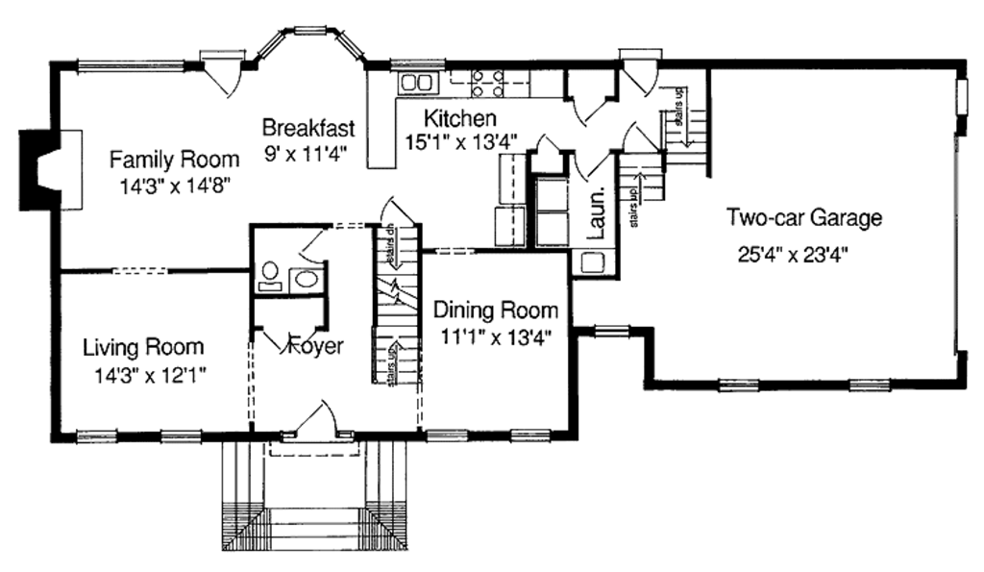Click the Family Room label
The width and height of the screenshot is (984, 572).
[x=173, y=158]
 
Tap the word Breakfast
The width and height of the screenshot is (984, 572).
[x=308, y=128]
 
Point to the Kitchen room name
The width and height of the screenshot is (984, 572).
[x=460, y=119]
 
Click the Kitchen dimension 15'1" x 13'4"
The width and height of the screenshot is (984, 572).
[x=458, y=142]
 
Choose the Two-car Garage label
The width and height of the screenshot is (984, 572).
[x=803, y=218]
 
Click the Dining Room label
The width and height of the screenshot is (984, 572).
[x=495, y=311]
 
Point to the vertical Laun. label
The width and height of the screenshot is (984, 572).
[x=596, y=215]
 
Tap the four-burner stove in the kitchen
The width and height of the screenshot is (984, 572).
[x=487, y=84]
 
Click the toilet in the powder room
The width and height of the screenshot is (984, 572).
[x=268, y=276]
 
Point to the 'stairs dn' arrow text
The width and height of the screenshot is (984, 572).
[x=391, y=246]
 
